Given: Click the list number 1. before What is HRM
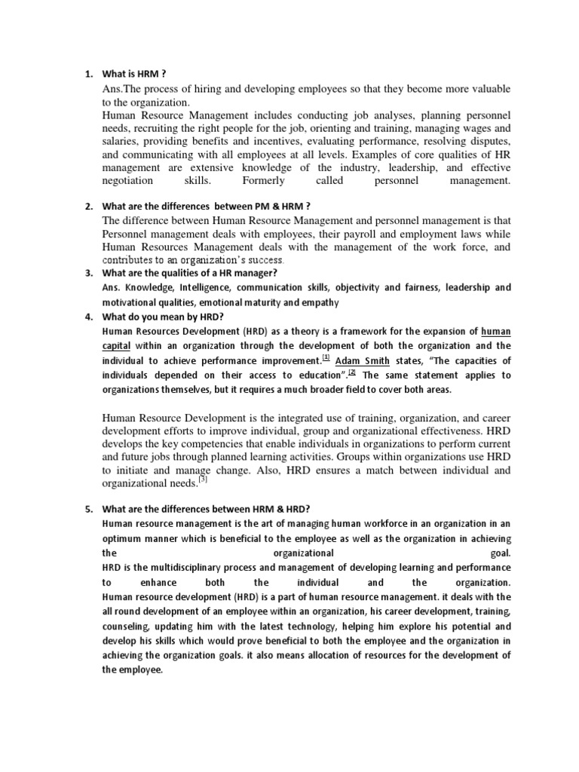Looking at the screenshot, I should point(87,73).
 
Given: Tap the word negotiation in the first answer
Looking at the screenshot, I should point(127,181).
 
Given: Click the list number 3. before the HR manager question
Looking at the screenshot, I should point(87,272).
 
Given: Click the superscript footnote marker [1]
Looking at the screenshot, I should point(326,357).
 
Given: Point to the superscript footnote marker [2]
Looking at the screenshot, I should point(351,372).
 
